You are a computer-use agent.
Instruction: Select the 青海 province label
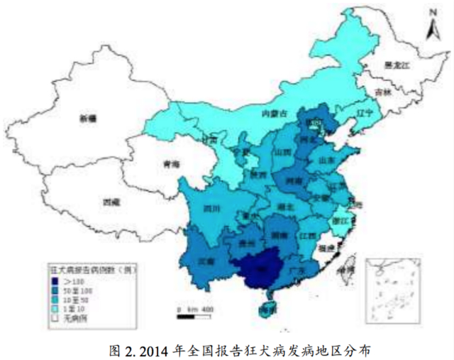pos(171,163)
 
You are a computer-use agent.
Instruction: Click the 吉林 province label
pos(383,92)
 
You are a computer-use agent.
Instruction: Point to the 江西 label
pos(307,234)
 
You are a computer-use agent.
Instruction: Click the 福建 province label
pos(327,249)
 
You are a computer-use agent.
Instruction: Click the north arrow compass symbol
pos(431,27)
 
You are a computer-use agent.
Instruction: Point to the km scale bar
pos(195,310)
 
